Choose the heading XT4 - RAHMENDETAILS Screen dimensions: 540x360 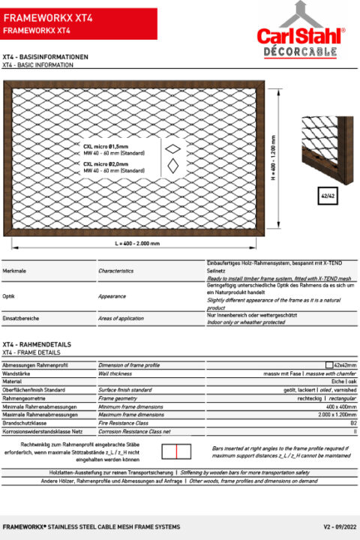[x=37, y=344]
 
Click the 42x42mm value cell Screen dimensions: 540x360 [x=344, y=364]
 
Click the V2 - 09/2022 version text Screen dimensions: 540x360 [x=337, y=527]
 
